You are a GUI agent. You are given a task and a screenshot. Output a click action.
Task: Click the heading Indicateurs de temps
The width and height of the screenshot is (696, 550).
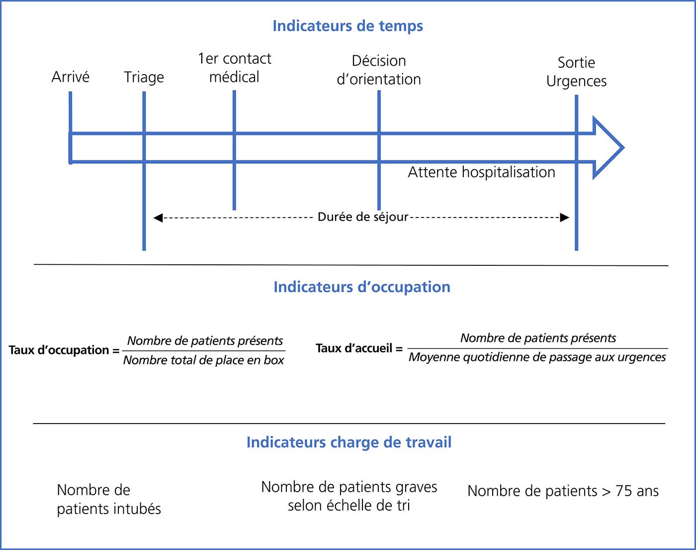348,26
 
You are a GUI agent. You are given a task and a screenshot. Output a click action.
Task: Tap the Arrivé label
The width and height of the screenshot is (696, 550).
71,77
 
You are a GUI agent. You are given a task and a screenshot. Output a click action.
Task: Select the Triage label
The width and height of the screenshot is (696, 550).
144,78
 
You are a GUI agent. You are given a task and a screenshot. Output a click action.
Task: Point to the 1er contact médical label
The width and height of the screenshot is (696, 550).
235,68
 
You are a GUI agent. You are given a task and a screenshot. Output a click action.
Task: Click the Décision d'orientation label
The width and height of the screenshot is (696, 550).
379,70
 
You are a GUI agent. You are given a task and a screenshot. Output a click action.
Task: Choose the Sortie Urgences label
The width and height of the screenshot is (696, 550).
576,72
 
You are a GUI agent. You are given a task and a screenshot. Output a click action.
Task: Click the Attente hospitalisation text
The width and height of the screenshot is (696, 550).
482,172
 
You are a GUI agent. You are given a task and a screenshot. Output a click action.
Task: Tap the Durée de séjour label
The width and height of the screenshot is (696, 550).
363,217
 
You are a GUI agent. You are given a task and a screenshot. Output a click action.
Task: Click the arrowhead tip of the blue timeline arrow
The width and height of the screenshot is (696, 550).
623,148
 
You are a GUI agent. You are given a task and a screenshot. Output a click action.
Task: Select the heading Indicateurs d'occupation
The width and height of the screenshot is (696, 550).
362,287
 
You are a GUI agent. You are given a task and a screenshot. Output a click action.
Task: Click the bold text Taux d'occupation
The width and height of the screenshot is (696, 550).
59,350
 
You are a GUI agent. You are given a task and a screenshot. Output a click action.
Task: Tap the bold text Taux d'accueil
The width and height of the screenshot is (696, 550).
354,348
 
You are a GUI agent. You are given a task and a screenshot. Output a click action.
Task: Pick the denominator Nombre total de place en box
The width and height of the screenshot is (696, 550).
203,360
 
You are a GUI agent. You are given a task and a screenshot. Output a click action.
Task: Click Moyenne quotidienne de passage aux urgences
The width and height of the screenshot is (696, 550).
537,357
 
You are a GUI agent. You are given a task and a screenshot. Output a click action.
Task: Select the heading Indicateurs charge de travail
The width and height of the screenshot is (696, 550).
349,442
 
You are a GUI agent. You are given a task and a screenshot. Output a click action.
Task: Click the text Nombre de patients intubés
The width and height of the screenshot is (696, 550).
109,499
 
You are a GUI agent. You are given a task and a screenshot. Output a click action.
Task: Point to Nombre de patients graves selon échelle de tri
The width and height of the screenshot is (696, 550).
349,496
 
